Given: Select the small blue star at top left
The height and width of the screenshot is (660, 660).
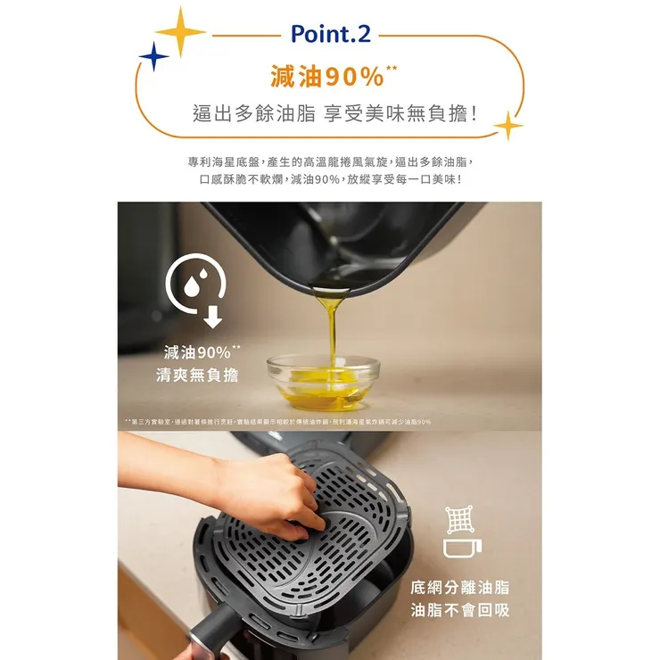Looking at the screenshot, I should [153, 58].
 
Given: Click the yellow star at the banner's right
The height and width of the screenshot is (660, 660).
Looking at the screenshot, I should [508, 126].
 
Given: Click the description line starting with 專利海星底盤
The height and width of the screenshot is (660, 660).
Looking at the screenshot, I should [329, 162].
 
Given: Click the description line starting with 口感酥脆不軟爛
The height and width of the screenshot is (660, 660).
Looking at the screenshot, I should [329, 179].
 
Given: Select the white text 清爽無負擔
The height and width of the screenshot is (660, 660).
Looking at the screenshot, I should [197, 375].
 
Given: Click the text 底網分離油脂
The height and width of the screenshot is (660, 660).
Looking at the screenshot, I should [460, 588].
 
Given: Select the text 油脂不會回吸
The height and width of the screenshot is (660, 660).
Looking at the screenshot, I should [460, 611].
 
